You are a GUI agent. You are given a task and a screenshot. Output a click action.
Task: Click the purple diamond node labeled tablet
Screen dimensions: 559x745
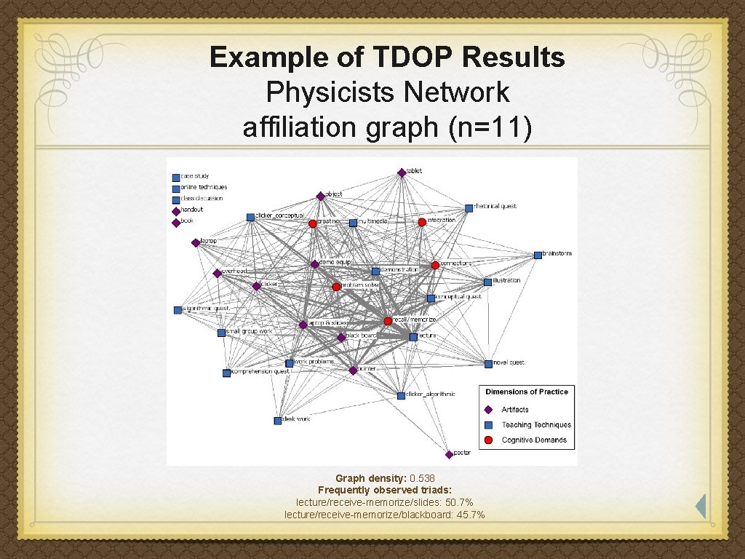[x=401, y=173]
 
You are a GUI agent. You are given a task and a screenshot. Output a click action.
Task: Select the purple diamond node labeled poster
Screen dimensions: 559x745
[x=449, y=454]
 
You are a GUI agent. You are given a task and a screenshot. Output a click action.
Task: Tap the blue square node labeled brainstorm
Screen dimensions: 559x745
[x=538, y=255]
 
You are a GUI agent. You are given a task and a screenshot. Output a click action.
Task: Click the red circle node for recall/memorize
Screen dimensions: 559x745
[x=388, y=321]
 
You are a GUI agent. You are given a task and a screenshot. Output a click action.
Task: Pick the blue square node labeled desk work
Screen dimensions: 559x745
[x=277, y=421]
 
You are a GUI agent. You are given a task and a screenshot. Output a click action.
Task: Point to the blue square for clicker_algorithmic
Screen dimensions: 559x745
[x=401, y=395]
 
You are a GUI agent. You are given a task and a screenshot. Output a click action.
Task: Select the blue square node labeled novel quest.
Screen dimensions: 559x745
[x=488, y=363]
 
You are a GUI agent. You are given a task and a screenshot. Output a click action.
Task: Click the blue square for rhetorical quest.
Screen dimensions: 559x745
[x=469, y=207]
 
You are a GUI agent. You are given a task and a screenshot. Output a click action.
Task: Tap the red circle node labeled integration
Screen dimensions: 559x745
[x=422, y=221]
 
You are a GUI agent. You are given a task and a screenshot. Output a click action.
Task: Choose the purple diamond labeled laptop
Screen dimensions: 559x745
[x=195, y=242]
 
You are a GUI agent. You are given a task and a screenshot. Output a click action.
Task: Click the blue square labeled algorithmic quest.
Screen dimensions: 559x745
[x=178, y=310]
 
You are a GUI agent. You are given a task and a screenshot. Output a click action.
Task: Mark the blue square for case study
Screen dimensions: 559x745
[x=175, y=177]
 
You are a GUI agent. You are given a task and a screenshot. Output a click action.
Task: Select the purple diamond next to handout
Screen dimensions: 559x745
[x=175, y=211]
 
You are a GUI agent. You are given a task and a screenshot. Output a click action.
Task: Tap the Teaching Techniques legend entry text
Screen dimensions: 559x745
[x=536, y=425]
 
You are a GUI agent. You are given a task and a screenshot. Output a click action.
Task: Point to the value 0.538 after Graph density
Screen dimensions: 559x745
[x=422, y=478]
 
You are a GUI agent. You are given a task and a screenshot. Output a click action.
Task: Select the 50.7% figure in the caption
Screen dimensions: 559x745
[x=458, y=503]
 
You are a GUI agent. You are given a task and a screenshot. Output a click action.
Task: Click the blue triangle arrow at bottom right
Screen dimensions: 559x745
[x=701, y=507]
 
